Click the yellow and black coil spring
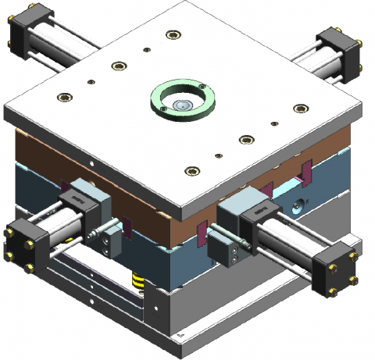(x=138, y=280)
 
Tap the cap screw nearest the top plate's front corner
(x=188, y=171)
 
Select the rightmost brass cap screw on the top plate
(x=300, y=108)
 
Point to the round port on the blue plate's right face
(x=297, y=205)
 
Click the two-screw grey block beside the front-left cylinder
(x=109, y=239)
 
